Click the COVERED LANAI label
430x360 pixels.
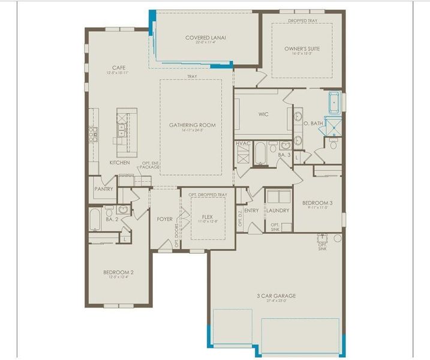click(x=206, y=37)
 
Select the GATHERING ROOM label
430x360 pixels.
click(x=192, y=125)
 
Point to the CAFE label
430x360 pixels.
click(x=118, y=68)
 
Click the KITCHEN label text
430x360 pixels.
click(x=119, y=163)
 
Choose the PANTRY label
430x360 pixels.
click(x=104, y=188)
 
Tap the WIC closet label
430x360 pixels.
click(x=263, y=113)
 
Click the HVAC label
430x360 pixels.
click(x=243, y=143)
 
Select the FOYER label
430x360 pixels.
click(x=165, y=219)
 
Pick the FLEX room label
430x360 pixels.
click(x=207, y=217)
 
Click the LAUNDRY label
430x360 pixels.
click(x=278, y=211)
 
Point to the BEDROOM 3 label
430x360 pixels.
click(x=317, y=203)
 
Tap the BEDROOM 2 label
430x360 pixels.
click(x=118, y=272)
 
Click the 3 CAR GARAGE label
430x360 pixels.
click(x=276, y=296)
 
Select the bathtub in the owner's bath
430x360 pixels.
click(x=333, y=103)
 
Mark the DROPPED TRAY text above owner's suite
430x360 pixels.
click(x=302, y=21)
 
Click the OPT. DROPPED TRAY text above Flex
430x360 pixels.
click(x=208, y=195)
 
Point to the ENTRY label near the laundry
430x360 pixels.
click(x=251, y=211)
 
